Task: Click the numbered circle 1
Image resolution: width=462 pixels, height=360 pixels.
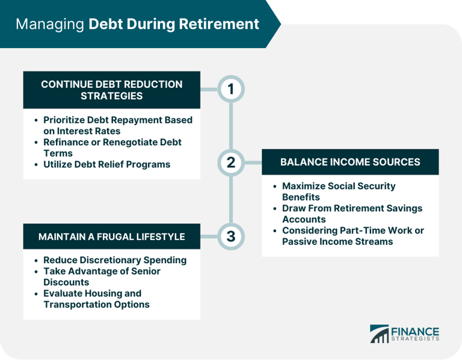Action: click(x=231, y=90)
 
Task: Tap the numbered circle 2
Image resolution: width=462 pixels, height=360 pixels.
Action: click(x=231, y=162)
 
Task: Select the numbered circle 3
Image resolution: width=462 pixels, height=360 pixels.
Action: click(x=231, y=236)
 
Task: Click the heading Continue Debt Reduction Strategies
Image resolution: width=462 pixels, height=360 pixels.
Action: click(x=111, y=90)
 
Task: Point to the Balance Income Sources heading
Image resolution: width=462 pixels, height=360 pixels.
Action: click(x=350, y=162)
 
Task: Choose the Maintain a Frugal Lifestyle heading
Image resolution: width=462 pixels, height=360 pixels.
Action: click(x=111, y=237)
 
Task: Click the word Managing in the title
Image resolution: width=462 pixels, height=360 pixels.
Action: click(x=50, y=25)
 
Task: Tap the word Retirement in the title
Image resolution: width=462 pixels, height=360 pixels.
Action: click(x=222, y=25)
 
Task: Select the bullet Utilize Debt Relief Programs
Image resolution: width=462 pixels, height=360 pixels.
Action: click(x=106, y=164)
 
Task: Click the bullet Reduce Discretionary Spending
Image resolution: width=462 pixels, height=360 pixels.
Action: click(x=115, y=260)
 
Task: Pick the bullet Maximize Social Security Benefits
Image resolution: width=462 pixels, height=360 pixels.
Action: click(x=339, y=191)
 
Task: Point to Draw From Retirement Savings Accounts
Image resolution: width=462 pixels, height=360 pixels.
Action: click(x=352, y=214)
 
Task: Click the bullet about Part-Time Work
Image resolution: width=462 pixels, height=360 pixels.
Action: click(x=353, y=236)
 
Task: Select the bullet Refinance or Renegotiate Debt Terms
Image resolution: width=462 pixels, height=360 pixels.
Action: click(x=112, y=147)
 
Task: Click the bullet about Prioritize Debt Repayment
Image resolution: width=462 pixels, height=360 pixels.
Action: click(x=117, y=125)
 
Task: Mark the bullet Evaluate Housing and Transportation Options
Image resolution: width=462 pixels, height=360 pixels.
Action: click(x=96, y=299)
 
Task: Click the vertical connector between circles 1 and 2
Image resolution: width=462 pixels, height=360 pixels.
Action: click(x=231, y=126)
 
